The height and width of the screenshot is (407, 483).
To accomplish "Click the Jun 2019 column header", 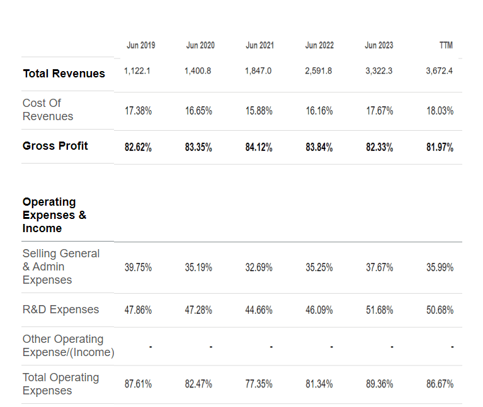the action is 141,45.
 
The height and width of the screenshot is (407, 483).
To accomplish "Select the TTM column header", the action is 446,45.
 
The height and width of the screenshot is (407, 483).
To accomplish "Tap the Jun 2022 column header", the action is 319,45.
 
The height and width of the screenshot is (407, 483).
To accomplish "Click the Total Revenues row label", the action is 64,74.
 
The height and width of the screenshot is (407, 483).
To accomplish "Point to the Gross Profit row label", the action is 55,146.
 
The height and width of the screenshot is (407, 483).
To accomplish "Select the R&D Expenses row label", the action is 60,309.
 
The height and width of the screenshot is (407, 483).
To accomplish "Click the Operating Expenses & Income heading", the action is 55,215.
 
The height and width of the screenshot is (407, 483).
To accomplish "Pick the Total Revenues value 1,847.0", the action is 258,71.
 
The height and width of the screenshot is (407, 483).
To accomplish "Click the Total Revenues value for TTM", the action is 440,71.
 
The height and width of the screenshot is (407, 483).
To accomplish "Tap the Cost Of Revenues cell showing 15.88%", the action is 259,111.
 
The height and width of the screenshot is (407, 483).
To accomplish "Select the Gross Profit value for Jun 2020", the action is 198,147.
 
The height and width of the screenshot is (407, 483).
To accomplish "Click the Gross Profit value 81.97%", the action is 440,147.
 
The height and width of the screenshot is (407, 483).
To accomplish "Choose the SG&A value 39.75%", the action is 138,267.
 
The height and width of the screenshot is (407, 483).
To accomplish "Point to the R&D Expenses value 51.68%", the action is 380,309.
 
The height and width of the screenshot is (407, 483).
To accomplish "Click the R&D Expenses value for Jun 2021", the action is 259,309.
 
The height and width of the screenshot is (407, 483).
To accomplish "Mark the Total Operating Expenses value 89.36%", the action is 380,384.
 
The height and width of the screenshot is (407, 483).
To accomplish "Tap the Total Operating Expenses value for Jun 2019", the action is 138,384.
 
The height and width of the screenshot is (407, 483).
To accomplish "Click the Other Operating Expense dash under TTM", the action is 452,347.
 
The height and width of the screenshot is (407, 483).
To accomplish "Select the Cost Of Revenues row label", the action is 48,109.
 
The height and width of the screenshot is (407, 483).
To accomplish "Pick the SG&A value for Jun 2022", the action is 319,267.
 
